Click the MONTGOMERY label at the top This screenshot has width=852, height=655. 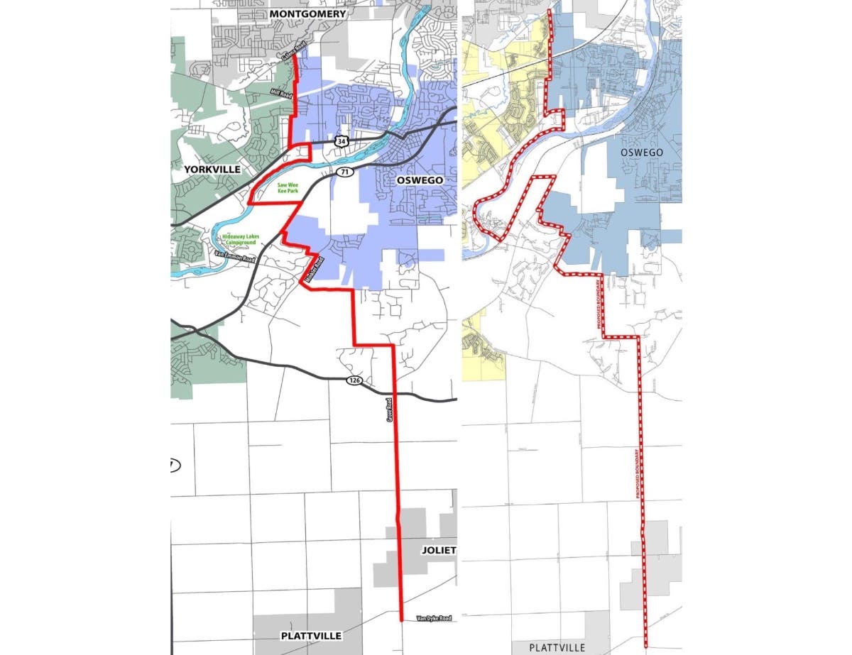click(307, 13)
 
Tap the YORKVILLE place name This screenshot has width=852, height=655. click(212, 170)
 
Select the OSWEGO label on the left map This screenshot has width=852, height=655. click(420, 180)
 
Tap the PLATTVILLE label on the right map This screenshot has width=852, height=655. click(558, 647)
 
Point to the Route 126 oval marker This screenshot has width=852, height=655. click(354, 380)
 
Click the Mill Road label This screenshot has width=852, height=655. click(281, 92)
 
